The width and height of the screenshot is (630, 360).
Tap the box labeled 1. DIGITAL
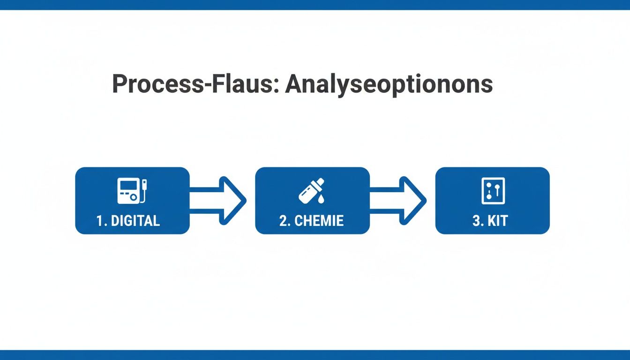[132, 201]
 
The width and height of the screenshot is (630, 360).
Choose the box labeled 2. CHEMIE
[312, 201]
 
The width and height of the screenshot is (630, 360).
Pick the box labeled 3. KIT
[492, 201]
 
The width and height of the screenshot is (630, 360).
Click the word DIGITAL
[135, 221]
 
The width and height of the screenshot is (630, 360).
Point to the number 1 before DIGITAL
[99, 221]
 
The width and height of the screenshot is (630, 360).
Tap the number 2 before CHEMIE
[283, 221]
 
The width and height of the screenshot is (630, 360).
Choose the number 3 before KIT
[476, 221]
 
